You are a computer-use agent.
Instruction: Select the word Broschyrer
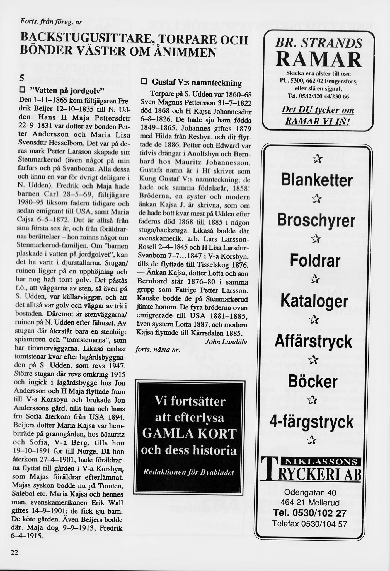316,221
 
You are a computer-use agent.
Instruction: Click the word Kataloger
315,301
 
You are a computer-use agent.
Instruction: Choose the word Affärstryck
314,341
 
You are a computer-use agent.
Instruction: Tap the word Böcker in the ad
313,381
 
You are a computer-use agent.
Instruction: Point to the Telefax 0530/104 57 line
310,524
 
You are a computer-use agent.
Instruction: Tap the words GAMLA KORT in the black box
189,434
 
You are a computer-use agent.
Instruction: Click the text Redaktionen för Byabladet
188,472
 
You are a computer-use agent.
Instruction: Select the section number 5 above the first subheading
22,79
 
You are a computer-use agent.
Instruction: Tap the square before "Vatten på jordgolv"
22,90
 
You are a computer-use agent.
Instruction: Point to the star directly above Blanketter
317,158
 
